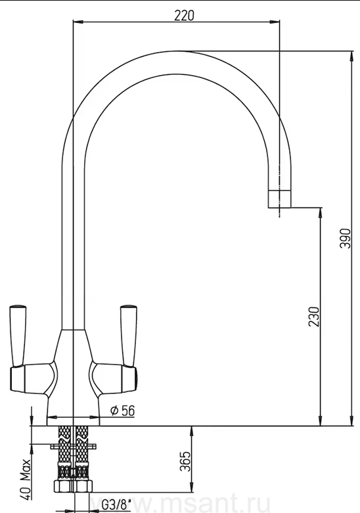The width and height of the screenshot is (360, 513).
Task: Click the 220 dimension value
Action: coord(184,15)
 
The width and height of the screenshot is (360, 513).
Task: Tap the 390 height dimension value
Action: coord(346,238)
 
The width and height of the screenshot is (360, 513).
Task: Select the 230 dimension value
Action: coord(313,317)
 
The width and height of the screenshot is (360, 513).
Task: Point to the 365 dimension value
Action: coord(185,461)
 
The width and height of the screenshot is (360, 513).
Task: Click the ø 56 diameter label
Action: coord(123,411)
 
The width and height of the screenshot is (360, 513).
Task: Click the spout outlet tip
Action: coord(279,198)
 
